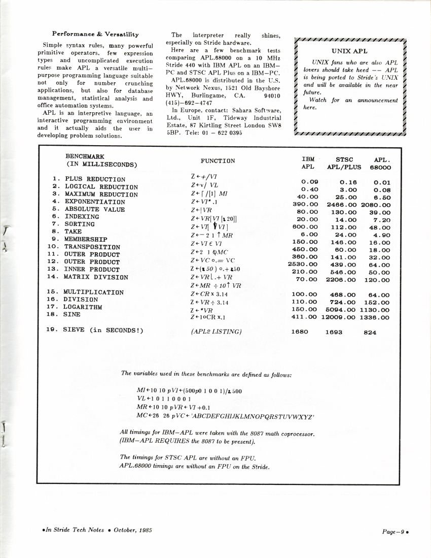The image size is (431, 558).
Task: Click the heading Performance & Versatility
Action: point(95,34)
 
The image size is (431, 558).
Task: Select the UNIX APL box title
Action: point(349,51)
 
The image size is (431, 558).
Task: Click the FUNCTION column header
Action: point(218,161)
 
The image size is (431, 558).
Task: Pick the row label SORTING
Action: point(79,224)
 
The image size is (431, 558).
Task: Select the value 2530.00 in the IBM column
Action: point(303,264)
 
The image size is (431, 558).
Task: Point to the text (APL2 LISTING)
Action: point(216,332)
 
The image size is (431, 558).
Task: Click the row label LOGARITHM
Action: point(83,307)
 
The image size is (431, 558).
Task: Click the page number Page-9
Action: point(394,531)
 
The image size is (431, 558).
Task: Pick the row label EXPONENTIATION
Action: point(94,202)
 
